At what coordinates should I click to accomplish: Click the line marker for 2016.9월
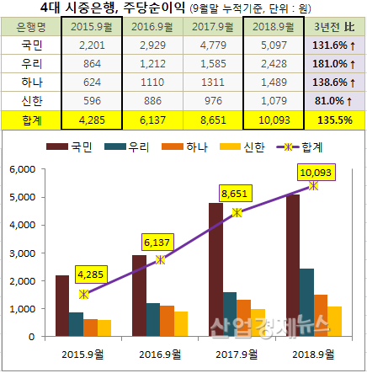tap(161, 260)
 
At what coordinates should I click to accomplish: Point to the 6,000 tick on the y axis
tap(25, 170)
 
